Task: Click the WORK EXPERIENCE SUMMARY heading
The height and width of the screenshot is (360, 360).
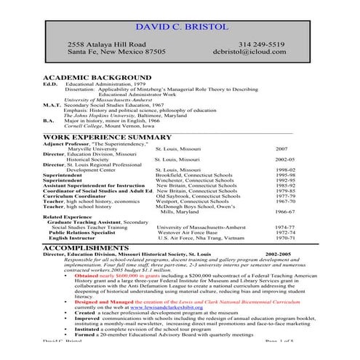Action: coord(107,137)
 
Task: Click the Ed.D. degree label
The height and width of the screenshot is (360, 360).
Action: coord(50,84)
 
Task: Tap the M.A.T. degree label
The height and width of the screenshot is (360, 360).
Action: coord(52,105)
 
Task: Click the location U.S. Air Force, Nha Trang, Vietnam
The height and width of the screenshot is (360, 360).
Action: coord(203,238)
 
